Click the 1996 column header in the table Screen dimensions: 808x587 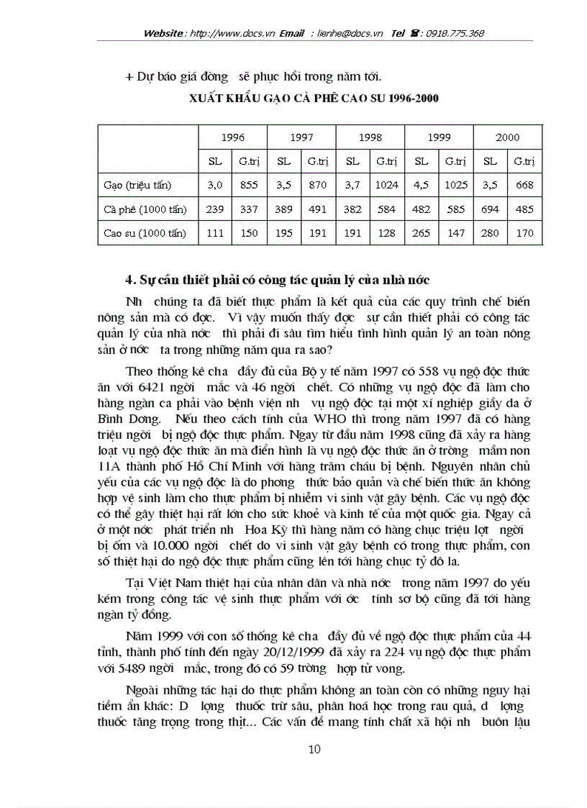[x=232, y=137]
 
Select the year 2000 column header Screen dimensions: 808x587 [x=507, y=137]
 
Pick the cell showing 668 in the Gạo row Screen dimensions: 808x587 [x=524, y=185]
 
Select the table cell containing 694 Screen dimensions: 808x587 [x=491, y=209]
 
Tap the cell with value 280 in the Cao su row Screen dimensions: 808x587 [x=491, y=233]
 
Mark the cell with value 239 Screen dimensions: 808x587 [x=215, y=209]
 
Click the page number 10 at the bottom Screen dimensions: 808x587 [x=314, y=749]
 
